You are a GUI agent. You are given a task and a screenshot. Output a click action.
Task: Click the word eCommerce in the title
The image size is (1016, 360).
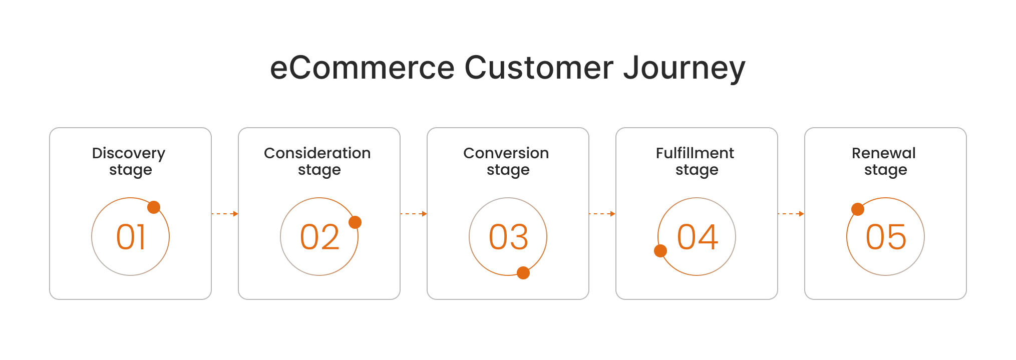coord(362,68)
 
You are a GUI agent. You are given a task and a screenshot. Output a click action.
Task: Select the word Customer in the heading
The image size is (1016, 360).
coord(539,68)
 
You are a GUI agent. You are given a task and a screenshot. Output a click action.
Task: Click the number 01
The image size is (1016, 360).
coord(131,237)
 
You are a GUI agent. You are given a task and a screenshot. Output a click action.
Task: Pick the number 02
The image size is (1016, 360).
coord(319,237)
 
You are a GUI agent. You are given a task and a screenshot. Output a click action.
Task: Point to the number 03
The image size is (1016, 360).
coord(508,237)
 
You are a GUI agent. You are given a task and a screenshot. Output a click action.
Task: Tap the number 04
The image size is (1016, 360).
coord(697,237)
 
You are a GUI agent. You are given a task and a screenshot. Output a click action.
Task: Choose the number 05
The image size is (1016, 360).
coord(886,237)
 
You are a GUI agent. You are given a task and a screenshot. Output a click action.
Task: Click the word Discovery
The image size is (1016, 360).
coord(129,153)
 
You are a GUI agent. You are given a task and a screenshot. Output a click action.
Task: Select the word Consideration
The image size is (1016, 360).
coord(317,153)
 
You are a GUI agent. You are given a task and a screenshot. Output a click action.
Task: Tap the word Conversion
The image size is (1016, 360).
coord(506,153)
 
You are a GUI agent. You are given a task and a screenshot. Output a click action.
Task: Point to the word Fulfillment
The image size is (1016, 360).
coord(695,153)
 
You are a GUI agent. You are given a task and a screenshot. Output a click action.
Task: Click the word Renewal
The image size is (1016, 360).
coord(884,153)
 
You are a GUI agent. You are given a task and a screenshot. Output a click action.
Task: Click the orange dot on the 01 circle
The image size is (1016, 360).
coord(154,207)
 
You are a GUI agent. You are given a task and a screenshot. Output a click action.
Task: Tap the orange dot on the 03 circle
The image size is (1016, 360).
coord(523,273)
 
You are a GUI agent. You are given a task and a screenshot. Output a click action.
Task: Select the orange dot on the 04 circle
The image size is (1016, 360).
coord(660,251)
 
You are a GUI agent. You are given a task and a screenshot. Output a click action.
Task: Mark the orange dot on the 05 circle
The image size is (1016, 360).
coord(858,209)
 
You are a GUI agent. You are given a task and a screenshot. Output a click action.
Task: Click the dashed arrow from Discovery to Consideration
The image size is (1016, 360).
coord(225,214)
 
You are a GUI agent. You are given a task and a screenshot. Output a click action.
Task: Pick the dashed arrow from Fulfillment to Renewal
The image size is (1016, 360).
coord(791,214)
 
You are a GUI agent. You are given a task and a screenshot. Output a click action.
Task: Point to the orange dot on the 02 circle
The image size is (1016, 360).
coord(355,222)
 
